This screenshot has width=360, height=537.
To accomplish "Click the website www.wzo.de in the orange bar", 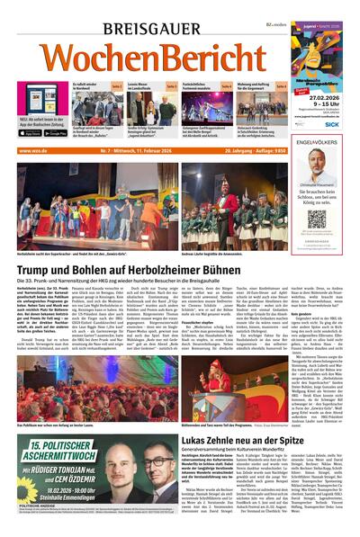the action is [x=33, y=150].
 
